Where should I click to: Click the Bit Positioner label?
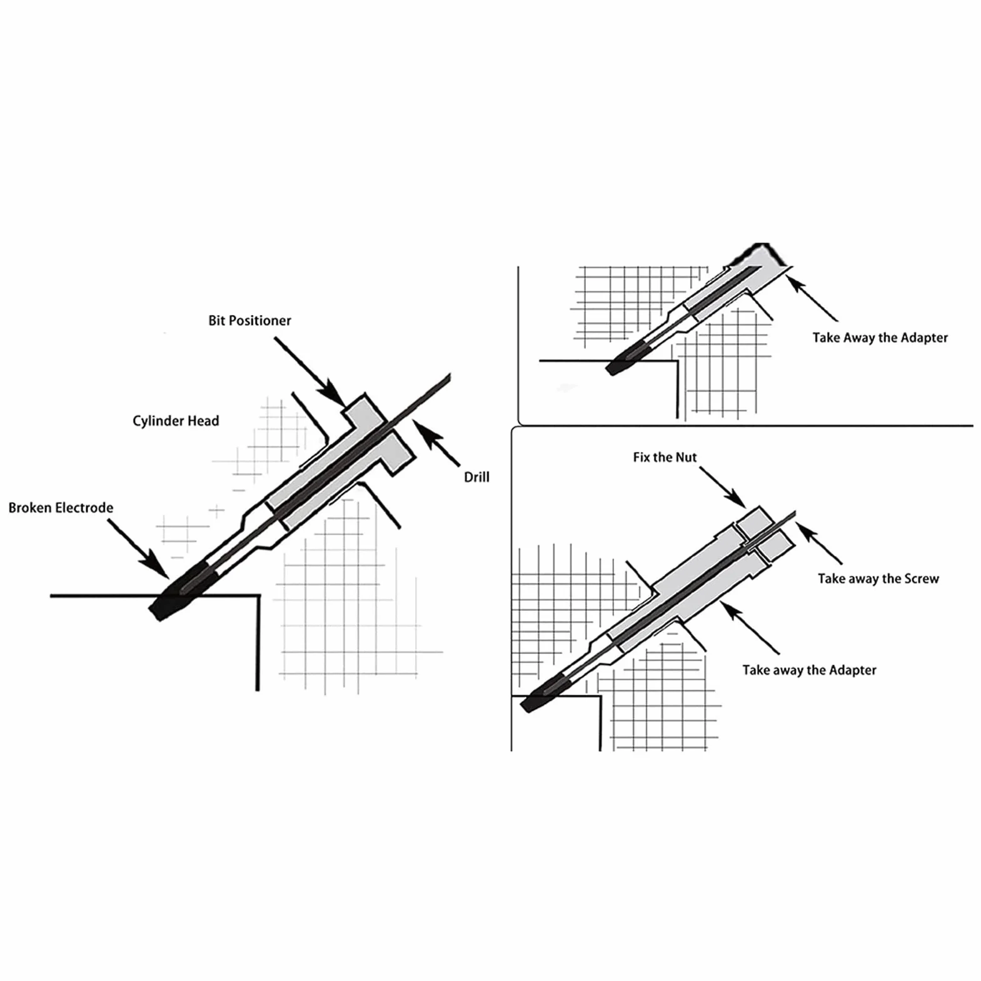click(249, 321)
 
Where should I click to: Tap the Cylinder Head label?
click(176, 421)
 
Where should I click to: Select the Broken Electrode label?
click(61, 508)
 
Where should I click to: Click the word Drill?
click(476, 477)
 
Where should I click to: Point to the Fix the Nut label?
click(665, 457)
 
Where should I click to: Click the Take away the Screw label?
click(878, 579)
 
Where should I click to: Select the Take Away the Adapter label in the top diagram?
click(880, 338)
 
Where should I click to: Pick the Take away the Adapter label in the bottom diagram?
click(809, 670)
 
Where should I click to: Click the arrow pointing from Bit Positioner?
click(309, 371)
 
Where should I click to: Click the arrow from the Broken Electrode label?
click(138, 549)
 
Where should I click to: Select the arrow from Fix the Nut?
click(723, 487)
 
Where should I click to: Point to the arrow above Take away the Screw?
click(818, 543)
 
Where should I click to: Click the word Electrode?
click(84, 508)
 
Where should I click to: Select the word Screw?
click(922, 579)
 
